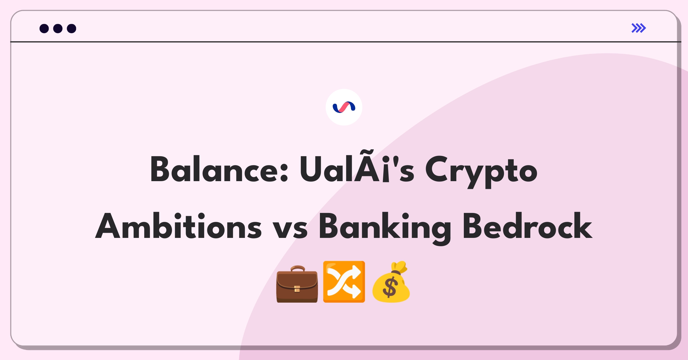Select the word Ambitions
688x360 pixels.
point(178,226)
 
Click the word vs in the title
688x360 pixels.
point(290,229)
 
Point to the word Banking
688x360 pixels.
point(385,229)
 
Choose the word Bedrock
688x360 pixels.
point(527,226)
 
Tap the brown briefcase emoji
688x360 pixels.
point(297,284)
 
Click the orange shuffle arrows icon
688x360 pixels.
point(344,281)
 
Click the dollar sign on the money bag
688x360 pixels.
point(390,287)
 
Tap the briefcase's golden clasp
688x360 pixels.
point(297,289)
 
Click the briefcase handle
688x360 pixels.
point(298,269)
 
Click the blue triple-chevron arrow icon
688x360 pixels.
point(639,28)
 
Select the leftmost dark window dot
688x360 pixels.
point(44,28)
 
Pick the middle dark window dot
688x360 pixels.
point(58,28)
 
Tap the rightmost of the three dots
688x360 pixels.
point(71,28)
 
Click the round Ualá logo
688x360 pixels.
point(344,107)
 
